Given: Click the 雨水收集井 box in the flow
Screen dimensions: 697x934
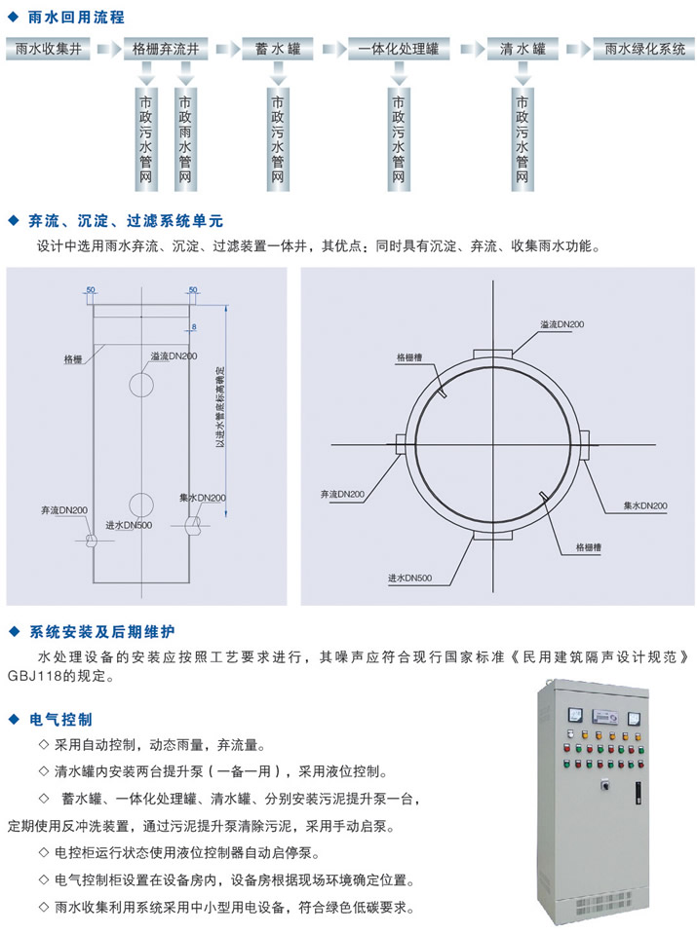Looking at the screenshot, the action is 49,49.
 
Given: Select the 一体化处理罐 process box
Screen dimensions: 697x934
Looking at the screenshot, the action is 399,49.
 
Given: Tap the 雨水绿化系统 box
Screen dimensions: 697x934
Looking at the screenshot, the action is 644,49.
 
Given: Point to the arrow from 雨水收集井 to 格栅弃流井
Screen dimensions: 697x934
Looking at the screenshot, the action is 107,49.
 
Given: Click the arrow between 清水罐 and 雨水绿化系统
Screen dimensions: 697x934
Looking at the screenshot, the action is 576,49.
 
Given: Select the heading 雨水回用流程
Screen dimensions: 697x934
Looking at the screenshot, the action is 76,18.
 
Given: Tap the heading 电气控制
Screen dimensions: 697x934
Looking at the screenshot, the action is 60,720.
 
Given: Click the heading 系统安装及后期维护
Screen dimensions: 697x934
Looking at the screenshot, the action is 102,632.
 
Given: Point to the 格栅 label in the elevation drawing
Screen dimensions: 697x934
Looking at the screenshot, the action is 73,359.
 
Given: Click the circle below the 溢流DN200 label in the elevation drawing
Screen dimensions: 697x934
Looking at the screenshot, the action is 141,384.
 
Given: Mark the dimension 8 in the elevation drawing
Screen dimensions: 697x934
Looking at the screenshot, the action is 194,327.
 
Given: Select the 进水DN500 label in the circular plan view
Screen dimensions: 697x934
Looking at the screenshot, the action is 409,578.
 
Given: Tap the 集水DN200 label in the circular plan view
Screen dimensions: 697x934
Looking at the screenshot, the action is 645,505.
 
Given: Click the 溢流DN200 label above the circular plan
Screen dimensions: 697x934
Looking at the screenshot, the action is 562,324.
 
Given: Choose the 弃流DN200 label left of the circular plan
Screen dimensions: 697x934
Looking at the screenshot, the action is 342,494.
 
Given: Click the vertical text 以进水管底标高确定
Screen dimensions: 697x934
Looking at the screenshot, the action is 220,407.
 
